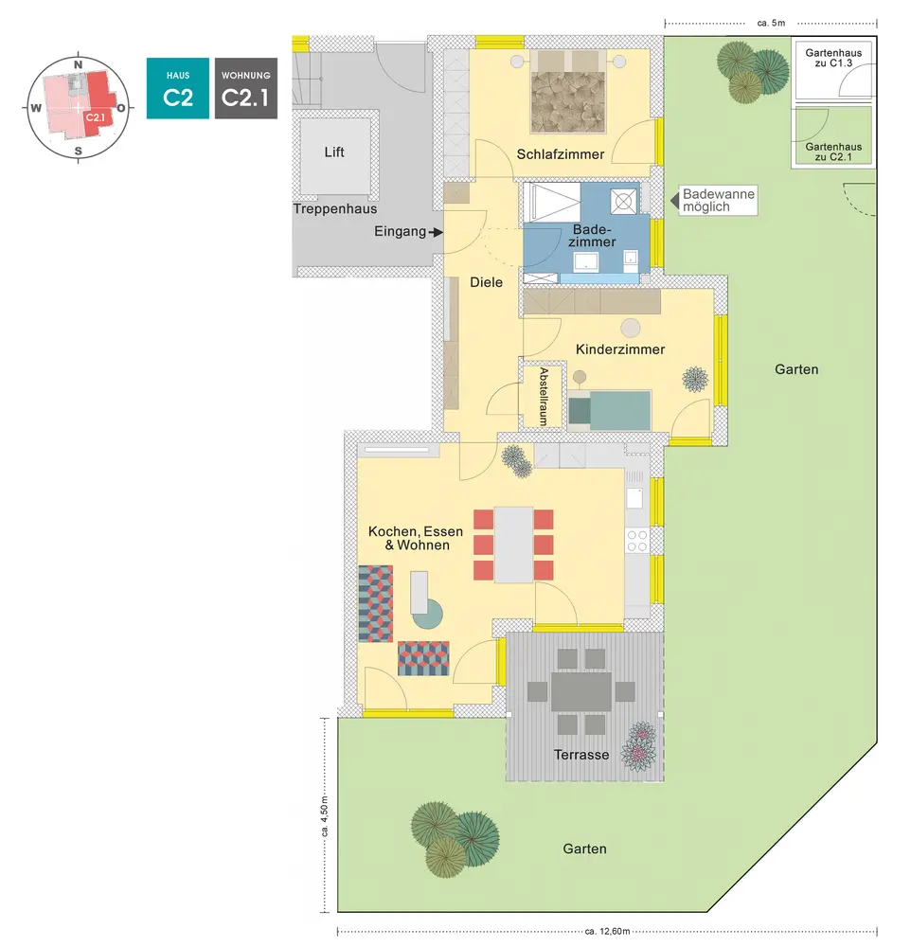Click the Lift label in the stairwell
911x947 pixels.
pos(333,152)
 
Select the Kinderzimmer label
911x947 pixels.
pos(620,349)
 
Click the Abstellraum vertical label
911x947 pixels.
pos(544,396)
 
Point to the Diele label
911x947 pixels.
pos(486,281)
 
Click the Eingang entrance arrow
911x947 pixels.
pos(436,231)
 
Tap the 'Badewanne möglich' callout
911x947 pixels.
pos(719,200)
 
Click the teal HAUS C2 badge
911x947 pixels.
pos(177,88)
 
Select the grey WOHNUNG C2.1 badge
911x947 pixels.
pos(245,88)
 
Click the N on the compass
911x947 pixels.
pos(79,64)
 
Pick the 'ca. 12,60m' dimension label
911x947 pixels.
pos(607,932)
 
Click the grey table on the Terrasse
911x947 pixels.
pos(582,691)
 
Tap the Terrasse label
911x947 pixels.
pos(581,755)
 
